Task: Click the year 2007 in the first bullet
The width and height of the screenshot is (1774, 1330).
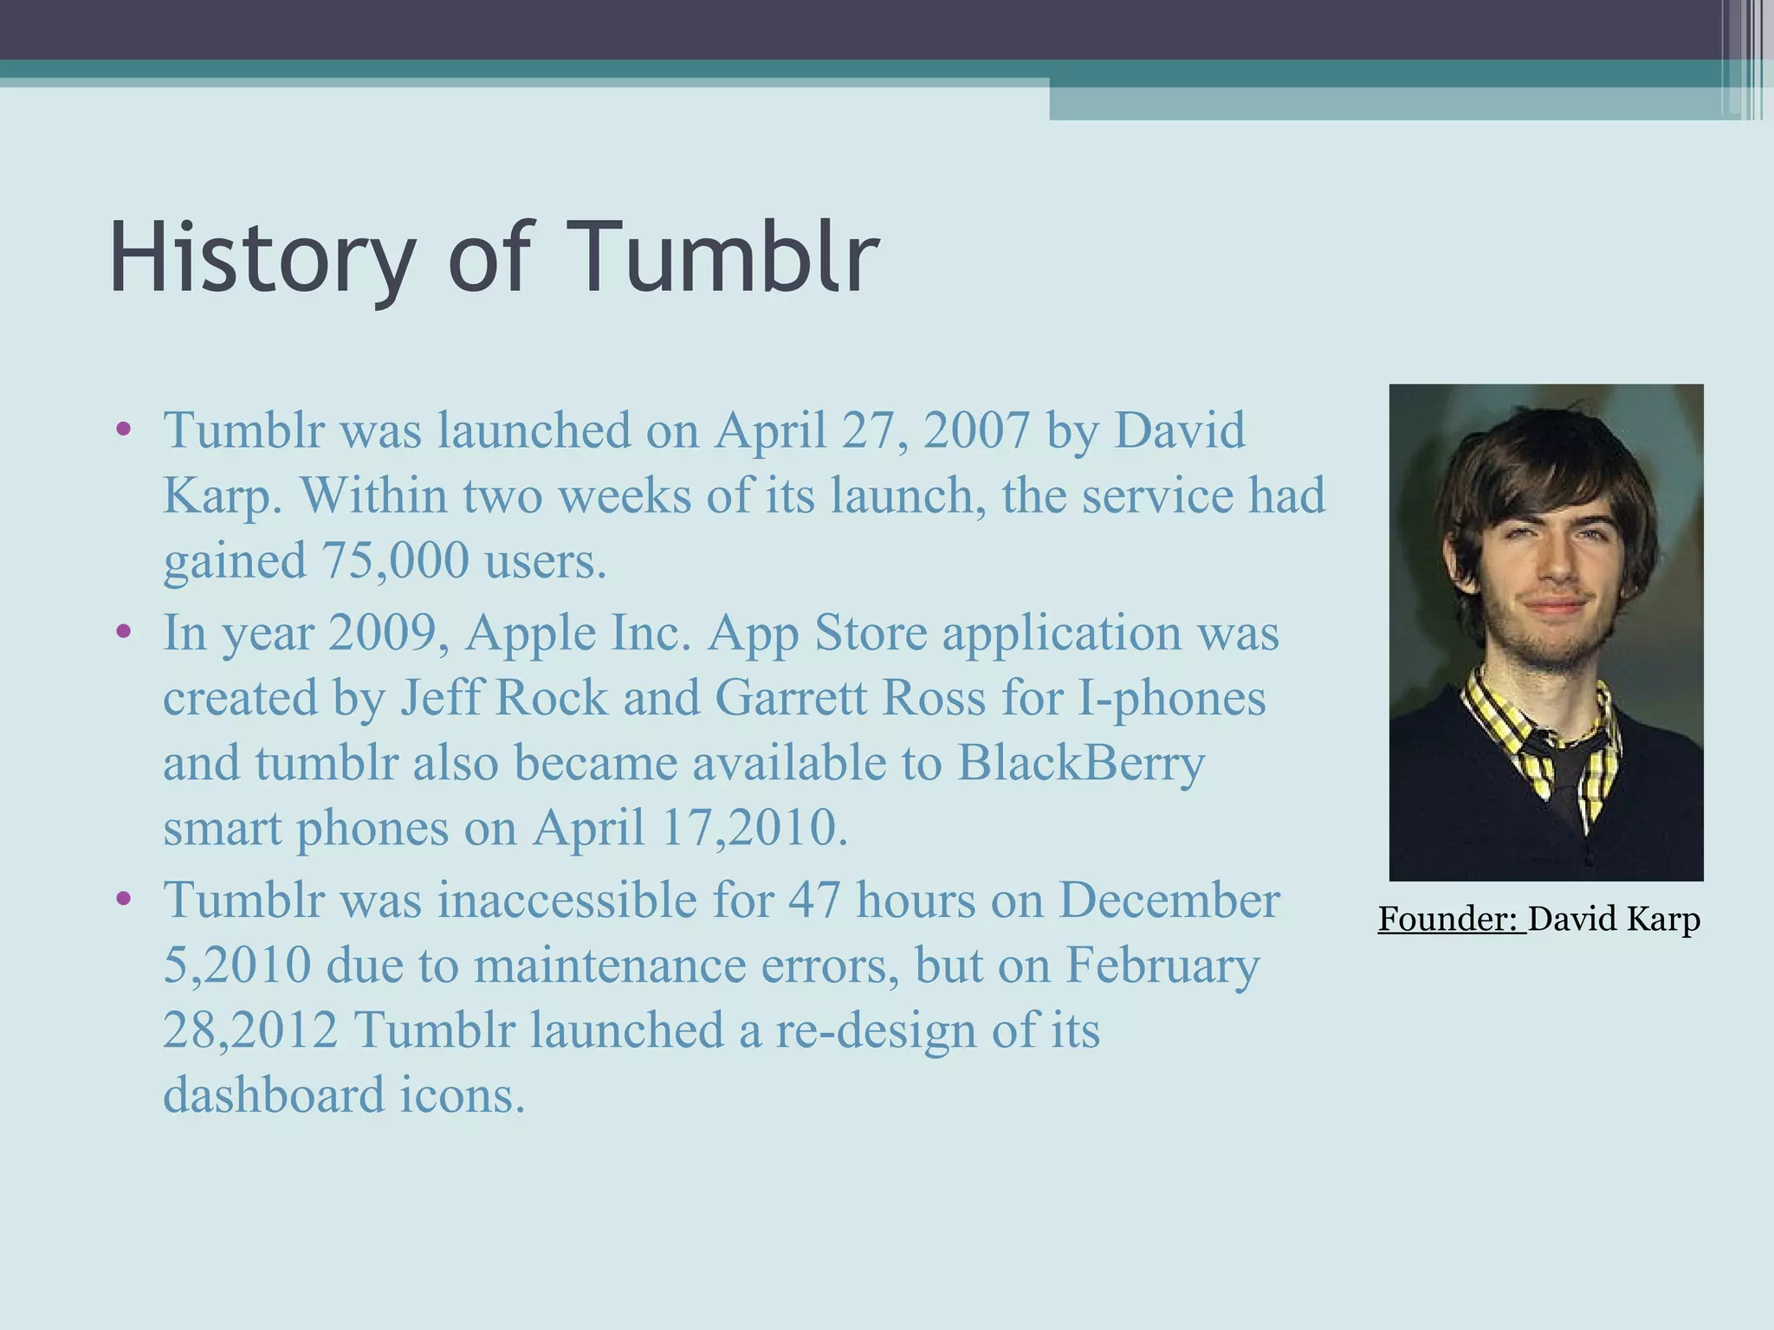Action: tap(976, 430)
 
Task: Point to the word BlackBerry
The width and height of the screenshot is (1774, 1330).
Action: tap(1081, 763)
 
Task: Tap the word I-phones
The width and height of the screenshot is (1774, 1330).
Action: tap(1171, 698)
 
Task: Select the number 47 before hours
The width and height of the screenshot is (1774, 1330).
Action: tap(814, 900)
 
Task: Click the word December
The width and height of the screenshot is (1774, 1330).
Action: tap(1169, 900)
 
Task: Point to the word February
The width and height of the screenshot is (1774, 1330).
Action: tap(1162, 965)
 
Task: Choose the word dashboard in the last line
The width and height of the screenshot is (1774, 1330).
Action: tap(274, 1094)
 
